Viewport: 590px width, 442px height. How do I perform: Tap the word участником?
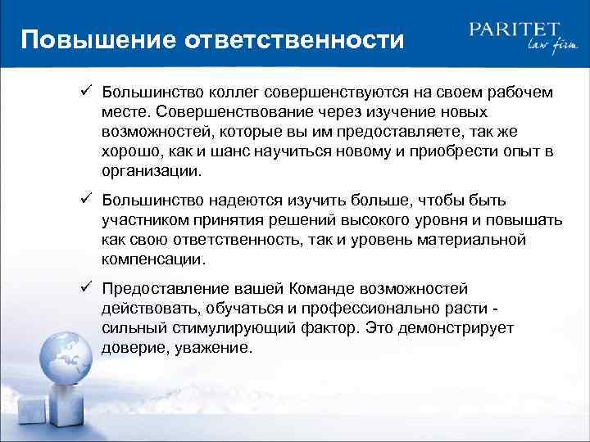click(x=144, y=222)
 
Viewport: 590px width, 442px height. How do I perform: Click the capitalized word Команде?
click(x=323, y=289)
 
